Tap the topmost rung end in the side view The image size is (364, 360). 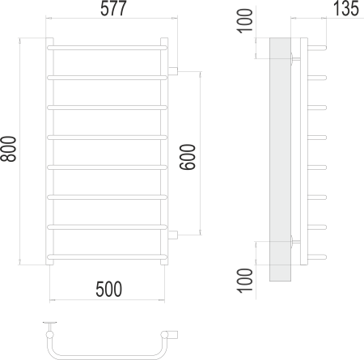point(320,47)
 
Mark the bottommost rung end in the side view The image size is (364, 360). point(320,259)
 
